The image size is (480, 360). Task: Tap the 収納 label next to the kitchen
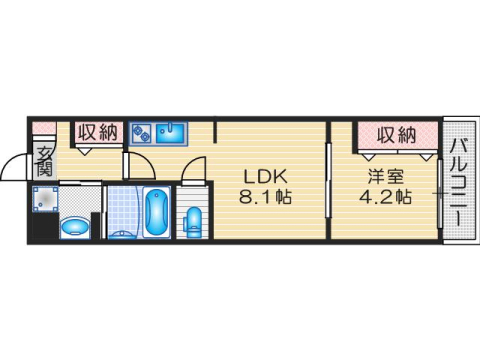(x=97, y=132)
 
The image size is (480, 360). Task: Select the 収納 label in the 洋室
(x=397, y=133)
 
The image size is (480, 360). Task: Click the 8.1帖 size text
(x=264, y=197)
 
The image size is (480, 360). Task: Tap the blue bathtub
(x=155, y=212)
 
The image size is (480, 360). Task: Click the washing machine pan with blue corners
(x=43, y=199)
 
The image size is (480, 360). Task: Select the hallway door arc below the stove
(x=138, y=165)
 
